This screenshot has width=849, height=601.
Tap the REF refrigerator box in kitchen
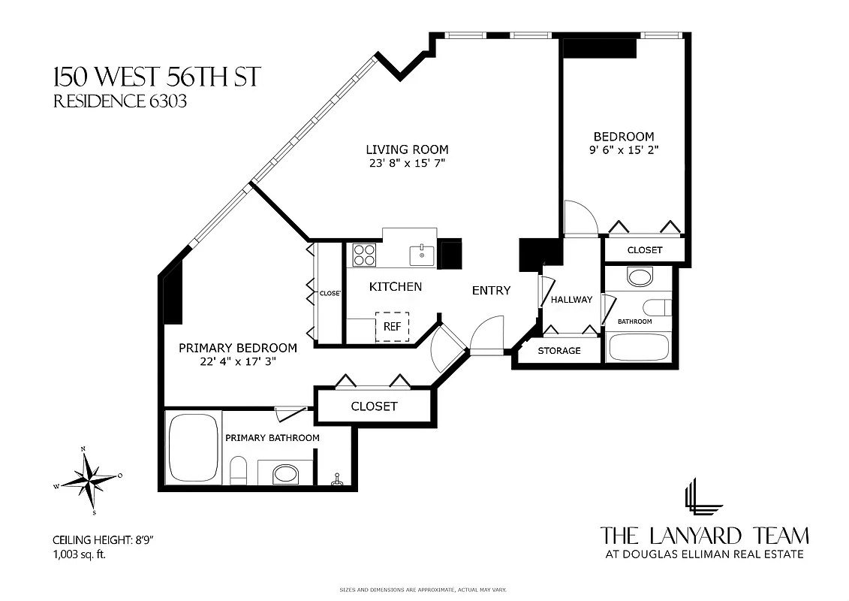pos(393,327)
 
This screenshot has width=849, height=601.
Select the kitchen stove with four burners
pos(364,255)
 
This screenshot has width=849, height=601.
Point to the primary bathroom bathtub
pos(193,449)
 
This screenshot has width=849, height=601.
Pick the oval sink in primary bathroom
pos(284,474)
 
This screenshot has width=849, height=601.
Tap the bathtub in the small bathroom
pos(638,347)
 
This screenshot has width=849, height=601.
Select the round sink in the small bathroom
pos(640,278)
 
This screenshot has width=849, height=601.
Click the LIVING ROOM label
pos(407,149)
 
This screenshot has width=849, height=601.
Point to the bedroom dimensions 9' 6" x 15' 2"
pos(625,149)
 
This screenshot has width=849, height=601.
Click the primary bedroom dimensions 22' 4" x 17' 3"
pos(237,361)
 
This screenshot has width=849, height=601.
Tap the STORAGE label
pos(559,351)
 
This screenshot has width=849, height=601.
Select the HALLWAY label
pos(571,300)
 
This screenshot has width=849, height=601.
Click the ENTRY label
pos(491,291)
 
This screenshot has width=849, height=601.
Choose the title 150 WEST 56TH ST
pos(156,77)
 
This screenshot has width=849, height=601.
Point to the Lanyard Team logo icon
pos(703,497)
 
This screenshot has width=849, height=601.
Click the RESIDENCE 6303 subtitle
pos(119,101)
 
